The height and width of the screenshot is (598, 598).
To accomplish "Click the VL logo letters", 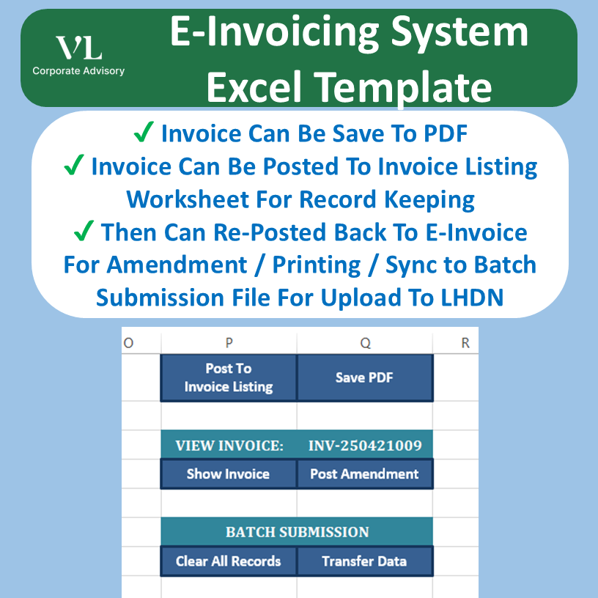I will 78,48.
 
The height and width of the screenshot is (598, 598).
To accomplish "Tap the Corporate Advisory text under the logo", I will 78,71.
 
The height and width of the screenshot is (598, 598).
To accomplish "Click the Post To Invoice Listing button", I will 229,378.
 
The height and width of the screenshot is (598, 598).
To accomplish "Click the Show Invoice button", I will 228,474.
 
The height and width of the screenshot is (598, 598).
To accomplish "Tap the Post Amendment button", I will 364,474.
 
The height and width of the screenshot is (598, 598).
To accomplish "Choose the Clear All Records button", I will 228,561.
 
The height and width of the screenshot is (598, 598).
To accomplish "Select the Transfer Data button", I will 364,561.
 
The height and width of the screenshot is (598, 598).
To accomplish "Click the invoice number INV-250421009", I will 365,446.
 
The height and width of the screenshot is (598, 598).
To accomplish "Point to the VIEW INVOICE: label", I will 229,446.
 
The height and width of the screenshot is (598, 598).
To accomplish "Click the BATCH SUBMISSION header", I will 297,532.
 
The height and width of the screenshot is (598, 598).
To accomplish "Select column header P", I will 229,342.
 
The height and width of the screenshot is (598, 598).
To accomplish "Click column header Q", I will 365,342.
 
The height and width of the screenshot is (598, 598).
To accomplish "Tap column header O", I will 129,342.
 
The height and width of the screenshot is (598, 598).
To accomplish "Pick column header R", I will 465,342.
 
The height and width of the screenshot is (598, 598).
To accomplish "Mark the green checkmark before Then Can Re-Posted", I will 84,232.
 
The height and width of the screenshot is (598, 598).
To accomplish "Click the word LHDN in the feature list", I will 474,298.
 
